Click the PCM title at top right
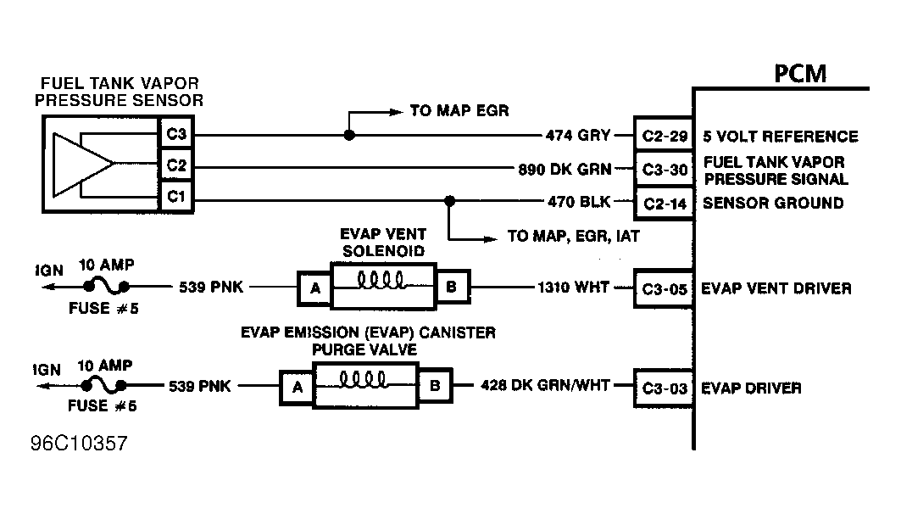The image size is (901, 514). pos(800,74)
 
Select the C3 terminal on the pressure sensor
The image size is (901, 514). pos(175,134)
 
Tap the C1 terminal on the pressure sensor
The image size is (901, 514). pos(175,198)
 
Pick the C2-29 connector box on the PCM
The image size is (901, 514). pos(665,136)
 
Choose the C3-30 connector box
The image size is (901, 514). pos(665,169)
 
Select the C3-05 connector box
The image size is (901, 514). pos(665,288)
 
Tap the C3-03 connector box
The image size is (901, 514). pos(665,388)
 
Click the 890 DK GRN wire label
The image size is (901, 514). pos(565,169)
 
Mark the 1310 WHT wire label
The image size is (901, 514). pos(573,288)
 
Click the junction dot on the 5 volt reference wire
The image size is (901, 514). pos(348,136)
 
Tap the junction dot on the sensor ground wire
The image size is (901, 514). pos(449,202)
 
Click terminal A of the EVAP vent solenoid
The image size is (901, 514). pos(314,288)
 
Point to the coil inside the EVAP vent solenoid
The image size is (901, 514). pos(382,279)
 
